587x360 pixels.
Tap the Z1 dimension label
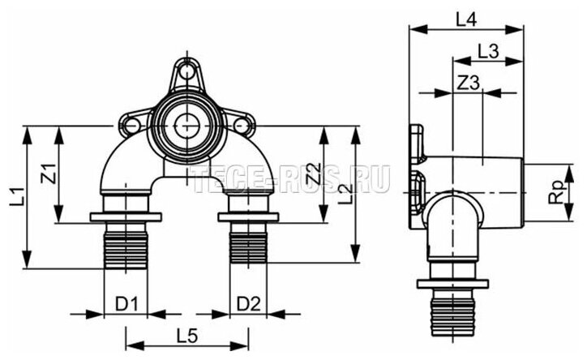[x=49, y=174]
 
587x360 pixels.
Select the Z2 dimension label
[x=315, y=173]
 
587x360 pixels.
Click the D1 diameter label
[x=126, y=304]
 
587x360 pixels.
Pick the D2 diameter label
[x=248, y=304]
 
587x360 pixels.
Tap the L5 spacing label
[x=186, y=337]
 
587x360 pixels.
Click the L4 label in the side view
[x=465, y=20]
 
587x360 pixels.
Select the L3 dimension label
[x=488, y=52]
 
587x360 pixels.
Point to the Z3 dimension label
[x=469, y=84]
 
